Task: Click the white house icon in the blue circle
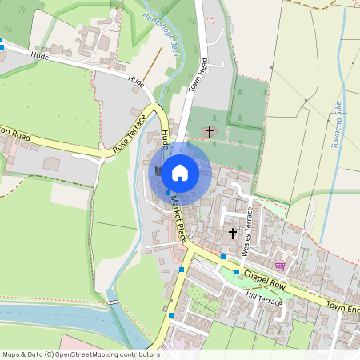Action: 180,171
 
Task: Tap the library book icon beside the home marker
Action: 158,170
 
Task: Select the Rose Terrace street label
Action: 131,133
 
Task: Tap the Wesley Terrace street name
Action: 247,230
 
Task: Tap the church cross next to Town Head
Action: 210,131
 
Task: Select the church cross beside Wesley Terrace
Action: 233,234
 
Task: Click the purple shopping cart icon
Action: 279,266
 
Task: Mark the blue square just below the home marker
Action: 167,192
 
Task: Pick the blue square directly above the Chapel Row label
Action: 237,272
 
